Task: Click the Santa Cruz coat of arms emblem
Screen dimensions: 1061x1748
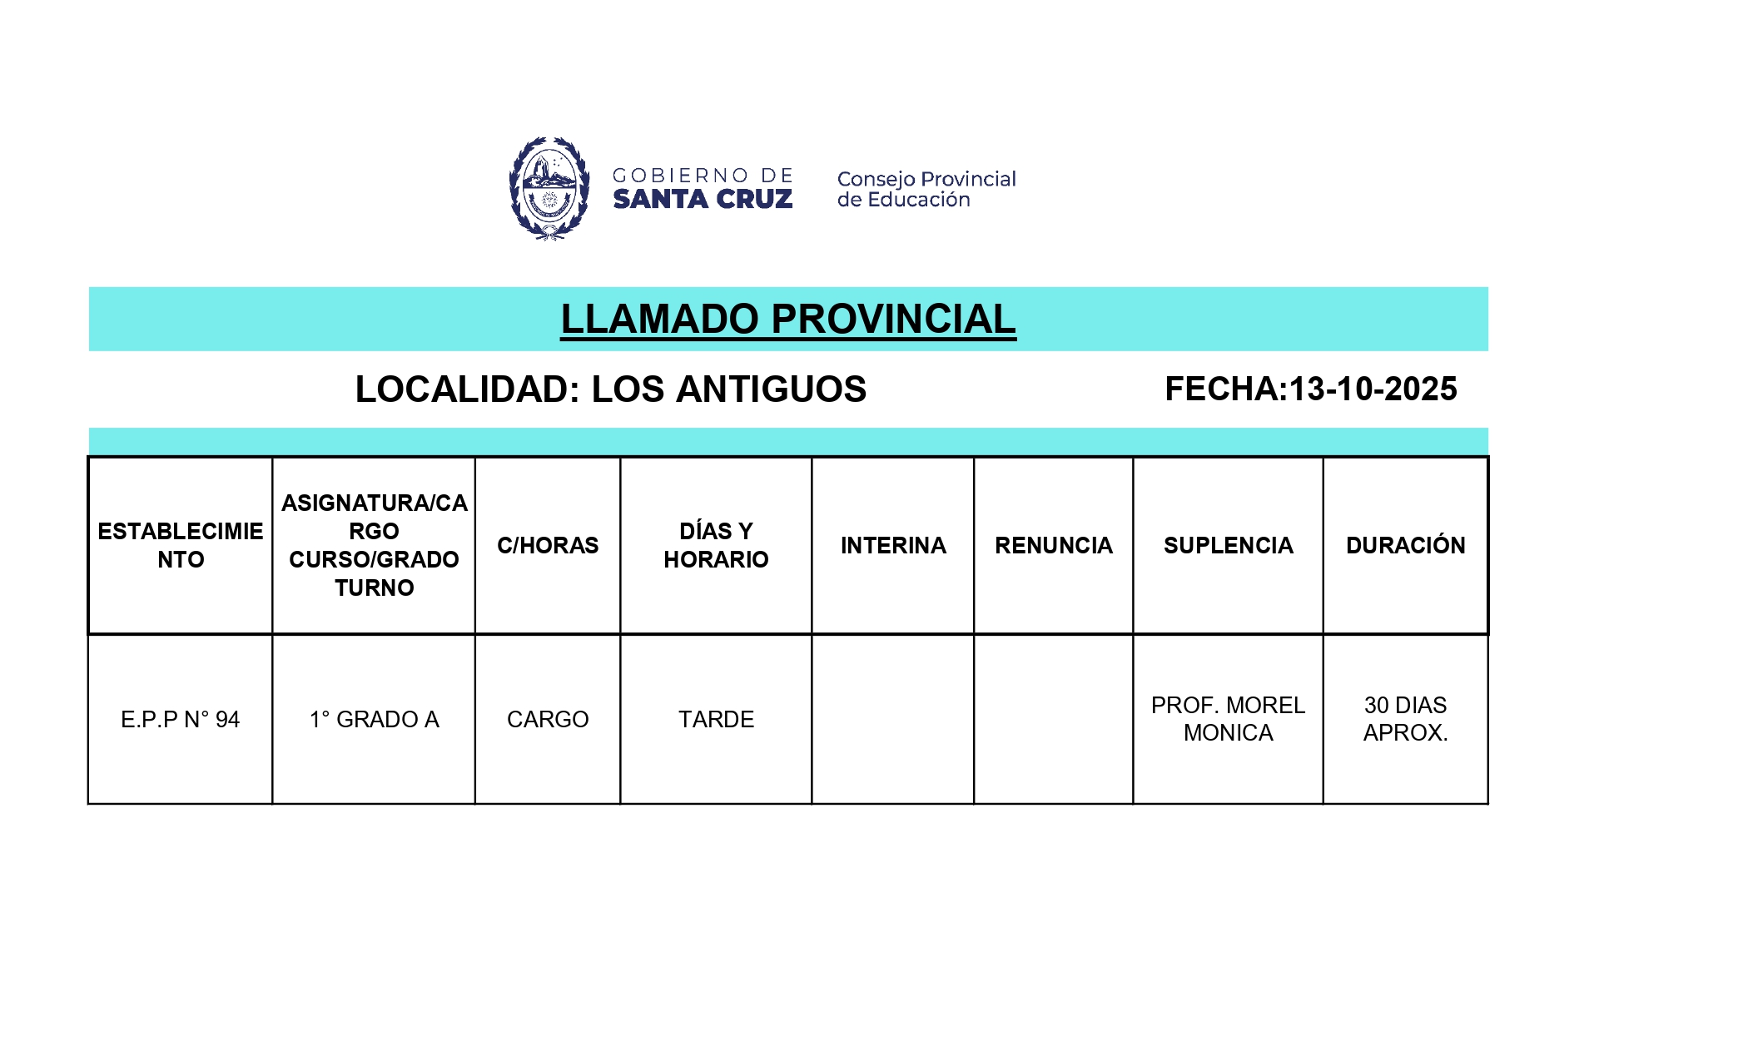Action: (549, 189)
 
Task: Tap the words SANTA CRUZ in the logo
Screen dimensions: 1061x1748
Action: (703, 200)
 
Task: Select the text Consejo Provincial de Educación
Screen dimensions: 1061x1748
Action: (926, 189)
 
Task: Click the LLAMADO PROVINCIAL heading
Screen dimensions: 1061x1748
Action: (787, 320)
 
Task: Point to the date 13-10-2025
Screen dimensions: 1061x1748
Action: (1373, 389)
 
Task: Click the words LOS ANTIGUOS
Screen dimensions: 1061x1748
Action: (728, 389)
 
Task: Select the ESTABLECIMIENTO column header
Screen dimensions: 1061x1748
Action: (181, 545)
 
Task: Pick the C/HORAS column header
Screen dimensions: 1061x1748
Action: (548, 545)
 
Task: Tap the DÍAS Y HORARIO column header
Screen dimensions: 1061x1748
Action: (716, 545)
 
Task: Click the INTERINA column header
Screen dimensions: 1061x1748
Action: (893, 545)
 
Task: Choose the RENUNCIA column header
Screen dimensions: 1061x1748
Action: (1053, 545)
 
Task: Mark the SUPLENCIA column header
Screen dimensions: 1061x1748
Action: (1228, 545)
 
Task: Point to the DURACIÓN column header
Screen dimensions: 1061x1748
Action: (1405, 545)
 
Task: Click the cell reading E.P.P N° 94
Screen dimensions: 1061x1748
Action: (181, 719)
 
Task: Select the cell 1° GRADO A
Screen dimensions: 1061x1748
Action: (374, 719)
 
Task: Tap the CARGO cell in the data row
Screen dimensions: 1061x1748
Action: (548, 719)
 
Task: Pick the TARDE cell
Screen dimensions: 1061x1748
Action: (716, 719)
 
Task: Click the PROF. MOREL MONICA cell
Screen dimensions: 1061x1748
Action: (1228, 719)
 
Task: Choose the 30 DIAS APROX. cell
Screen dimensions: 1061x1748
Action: (1405, 719)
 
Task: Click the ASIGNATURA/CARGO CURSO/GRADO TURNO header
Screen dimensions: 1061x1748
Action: (374, 545)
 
